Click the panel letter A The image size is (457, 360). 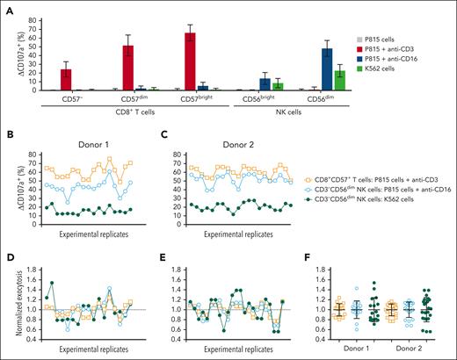coord(8,8)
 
